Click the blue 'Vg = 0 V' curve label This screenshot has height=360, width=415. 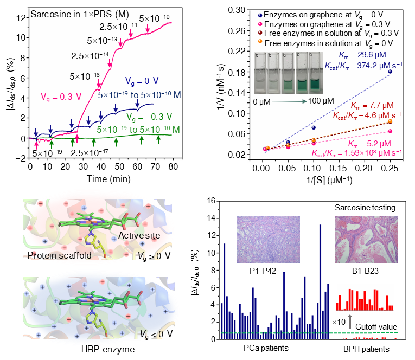[143, 82]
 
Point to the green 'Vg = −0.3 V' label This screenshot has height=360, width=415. [148, 116]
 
